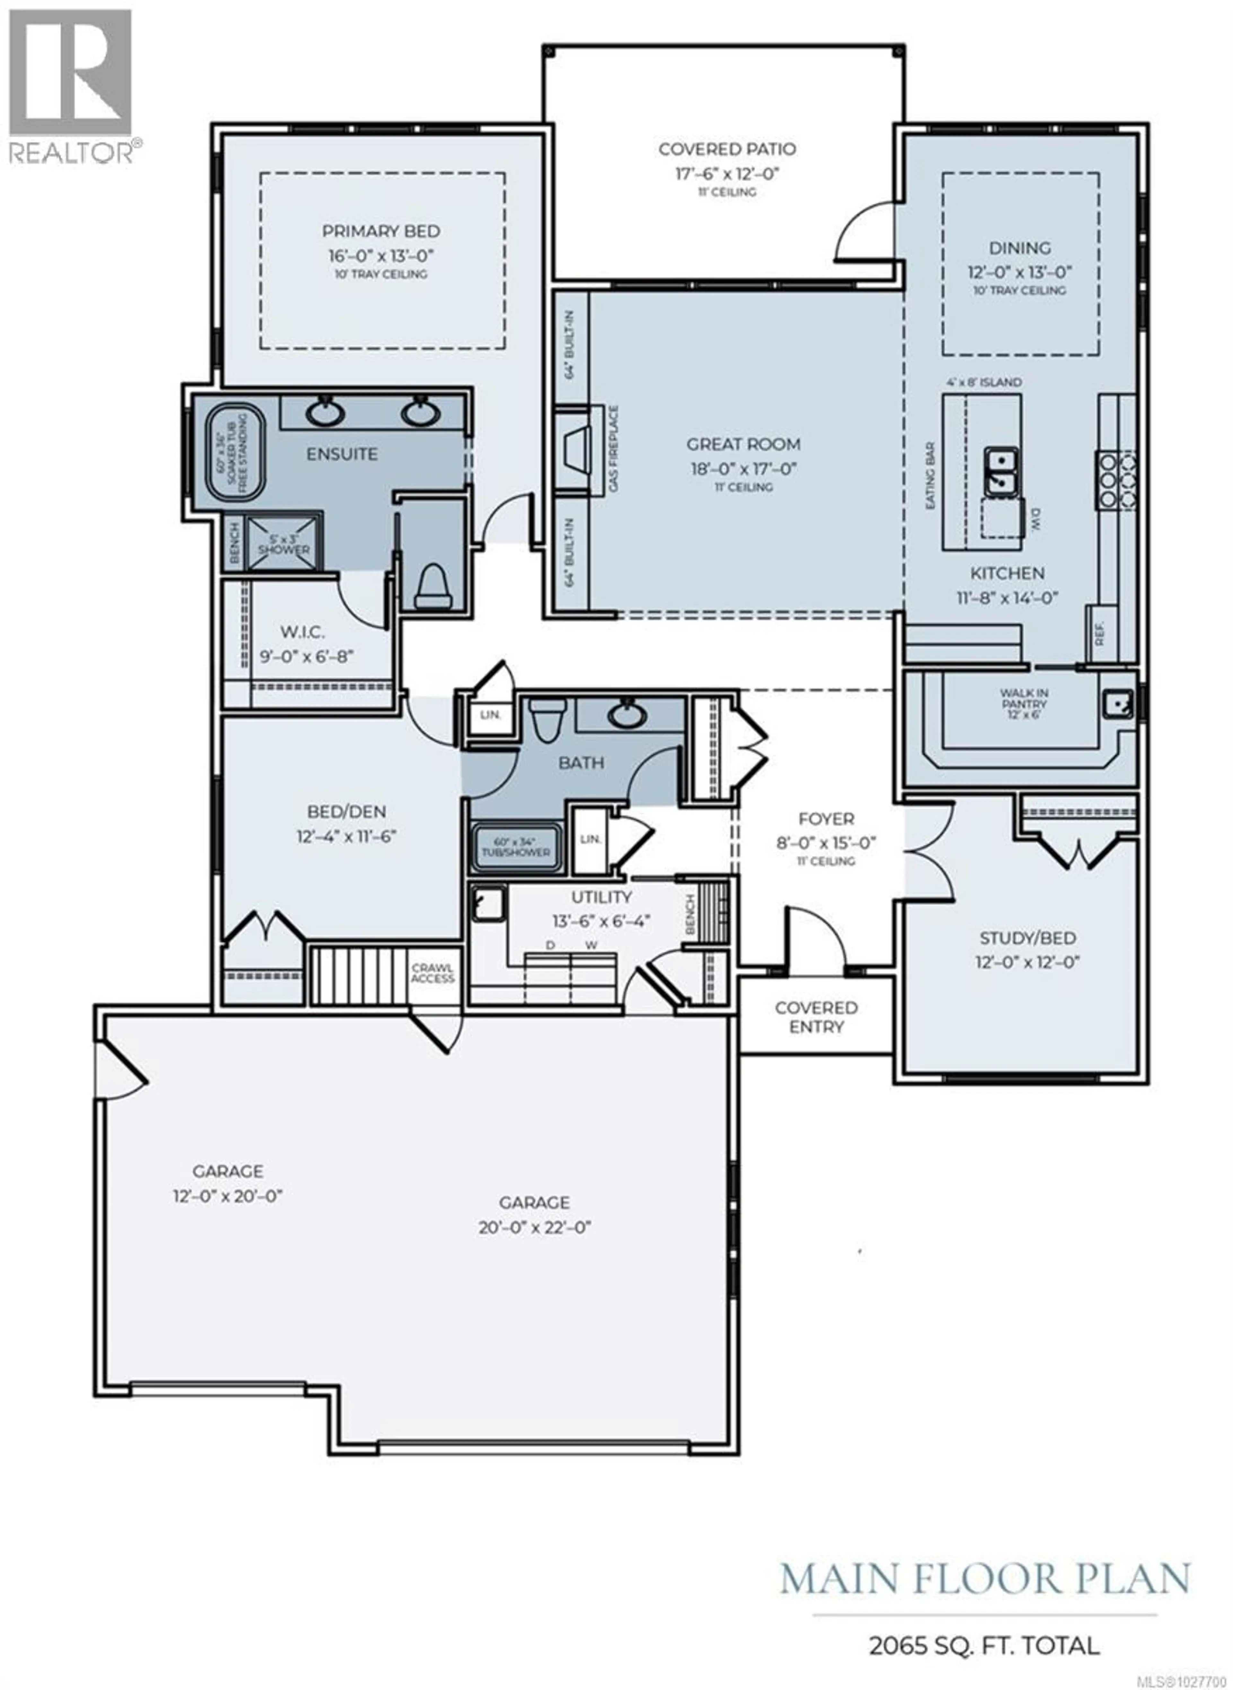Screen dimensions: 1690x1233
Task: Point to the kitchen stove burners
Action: click(1116, 472)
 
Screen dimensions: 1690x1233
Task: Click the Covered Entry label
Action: click(816, 1017)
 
